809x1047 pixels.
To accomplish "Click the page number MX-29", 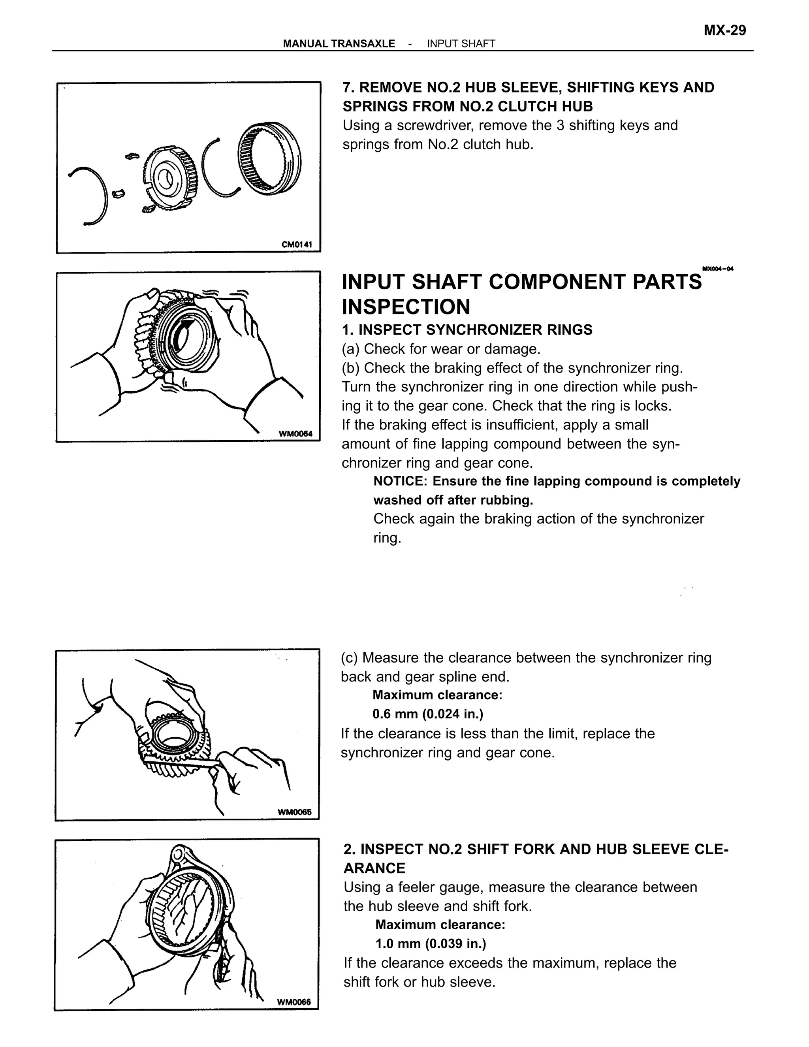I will pos(724,31).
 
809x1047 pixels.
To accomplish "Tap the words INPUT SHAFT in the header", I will pos(461,43).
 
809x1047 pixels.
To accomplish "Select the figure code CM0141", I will pos(297,245).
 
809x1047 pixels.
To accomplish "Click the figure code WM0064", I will pos(295,434).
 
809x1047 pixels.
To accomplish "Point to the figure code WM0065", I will pos(294,812).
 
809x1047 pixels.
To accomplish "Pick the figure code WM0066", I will pos(294,1002).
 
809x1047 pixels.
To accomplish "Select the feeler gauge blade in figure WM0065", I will pos(182,762).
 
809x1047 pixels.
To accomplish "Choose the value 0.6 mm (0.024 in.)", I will pos(427,714).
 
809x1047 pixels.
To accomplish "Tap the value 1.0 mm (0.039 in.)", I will pos(431,943).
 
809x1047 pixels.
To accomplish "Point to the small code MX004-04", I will pos(717,269).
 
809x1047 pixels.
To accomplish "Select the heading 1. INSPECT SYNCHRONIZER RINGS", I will pos(467,330).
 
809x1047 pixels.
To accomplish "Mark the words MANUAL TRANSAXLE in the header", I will pos(339,43).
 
